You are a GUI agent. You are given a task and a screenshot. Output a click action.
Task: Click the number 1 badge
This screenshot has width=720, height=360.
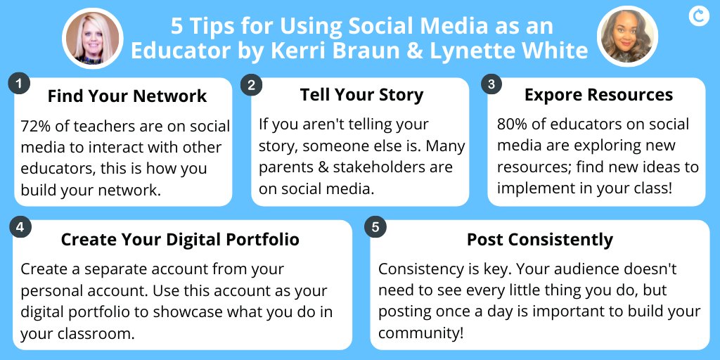pyautogui.click(x=19, y=84)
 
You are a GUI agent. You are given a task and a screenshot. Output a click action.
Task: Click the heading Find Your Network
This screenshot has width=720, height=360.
pyautogui.click(x=127, y=96)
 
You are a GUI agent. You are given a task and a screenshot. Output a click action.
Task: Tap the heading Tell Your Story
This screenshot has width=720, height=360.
pyautogui.click(x=361, y=95)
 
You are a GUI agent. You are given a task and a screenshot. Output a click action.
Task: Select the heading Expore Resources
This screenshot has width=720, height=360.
pyautogui.click(x=598, y=95)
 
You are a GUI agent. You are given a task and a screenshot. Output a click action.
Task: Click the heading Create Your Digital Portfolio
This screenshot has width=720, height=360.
pyautogui.click(x=180, y=239)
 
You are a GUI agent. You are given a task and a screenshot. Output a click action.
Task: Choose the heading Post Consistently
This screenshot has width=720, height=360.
pyautogui.click(x=540, y=239)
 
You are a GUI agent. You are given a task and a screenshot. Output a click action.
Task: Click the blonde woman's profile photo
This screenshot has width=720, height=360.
pyautogui.click(x=92, y=38)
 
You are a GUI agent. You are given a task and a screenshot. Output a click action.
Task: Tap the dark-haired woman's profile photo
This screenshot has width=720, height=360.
pyautogui.click(x=626, y=37)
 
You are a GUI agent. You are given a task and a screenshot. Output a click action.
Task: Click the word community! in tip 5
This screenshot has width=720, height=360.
pyautogui.click(x=421, y=332)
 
